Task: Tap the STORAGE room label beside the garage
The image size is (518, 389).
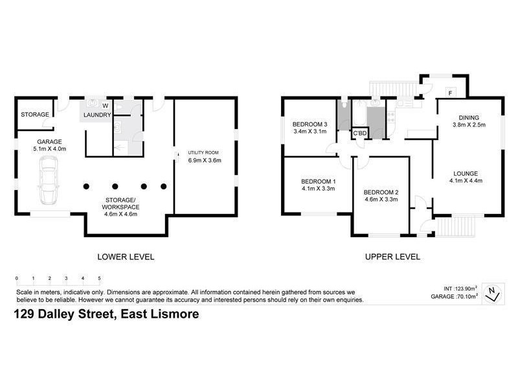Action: click(34, 115)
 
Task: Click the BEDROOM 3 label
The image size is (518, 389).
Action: click(310, 124)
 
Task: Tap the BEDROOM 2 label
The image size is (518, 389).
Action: click(381, 192)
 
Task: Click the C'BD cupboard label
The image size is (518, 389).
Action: click(359, 134)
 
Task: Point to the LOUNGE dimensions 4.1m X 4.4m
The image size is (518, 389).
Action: click(466, 182)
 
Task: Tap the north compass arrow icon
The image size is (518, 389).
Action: click(493, 293)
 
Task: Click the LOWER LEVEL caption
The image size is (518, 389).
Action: click(126, 257)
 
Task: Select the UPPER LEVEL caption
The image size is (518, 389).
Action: click(392, 257)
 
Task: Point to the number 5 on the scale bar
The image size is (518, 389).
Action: click(99, 278)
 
